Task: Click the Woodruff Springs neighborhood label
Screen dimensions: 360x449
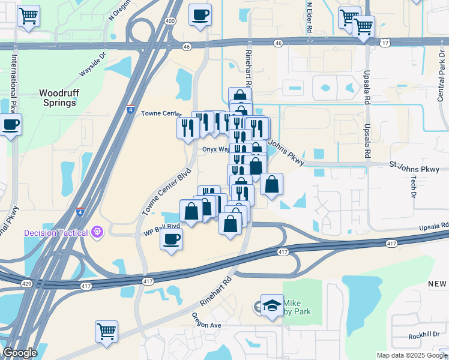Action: coord(59,98)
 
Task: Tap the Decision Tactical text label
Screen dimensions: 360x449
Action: coord(56,232)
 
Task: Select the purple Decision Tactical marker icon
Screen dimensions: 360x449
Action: coord(97,232)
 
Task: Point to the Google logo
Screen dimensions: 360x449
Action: coord(20,352)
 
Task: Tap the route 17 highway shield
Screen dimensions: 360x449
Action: coord(385,43)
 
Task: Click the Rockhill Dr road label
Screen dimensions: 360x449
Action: coord(424,337)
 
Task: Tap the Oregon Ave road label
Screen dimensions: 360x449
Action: coord(207,321)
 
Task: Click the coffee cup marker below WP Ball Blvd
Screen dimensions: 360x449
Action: coord(171,239)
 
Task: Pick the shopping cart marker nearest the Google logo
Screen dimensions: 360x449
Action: coord(106,331)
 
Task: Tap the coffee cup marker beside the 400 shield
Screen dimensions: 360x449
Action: coord(200,14)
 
